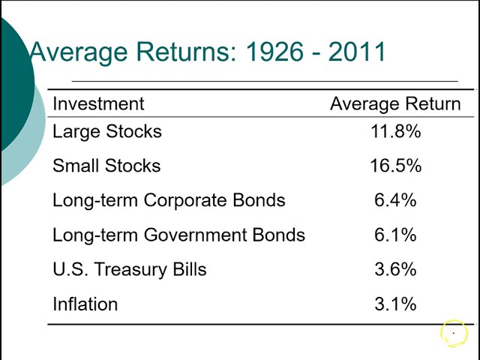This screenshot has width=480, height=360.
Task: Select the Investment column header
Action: tap(98, 103)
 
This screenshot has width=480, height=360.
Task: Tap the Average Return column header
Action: tap(395, 103)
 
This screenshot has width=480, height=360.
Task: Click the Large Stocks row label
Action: tap(107, 131)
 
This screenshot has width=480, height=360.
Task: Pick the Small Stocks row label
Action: tap(106, 166)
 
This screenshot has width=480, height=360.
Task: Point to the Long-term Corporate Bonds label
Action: tap(169, 200)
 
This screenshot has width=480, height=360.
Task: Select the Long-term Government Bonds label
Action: tap(178, 235)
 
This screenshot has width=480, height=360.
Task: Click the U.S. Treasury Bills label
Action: tap(129, 269)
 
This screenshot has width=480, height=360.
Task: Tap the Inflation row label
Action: tap(85, 304)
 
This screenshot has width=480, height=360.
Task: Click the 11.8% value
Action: tap(395, 131)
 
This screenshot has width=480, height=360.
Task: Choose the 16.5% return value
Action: tap(395, 166)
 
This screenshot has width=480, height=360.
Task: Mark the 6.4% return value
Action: tap(395, 200)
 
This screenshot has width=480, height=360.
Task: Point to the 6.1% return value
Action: tap(395, 235)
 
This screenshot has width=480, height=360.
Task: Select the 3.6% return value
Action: tap(395, 269)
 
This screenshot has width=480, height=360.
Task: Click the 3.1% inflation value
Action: tap(395, 304)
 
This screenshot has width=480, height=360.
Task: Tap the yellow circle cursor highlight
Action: tap(453, 333)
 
